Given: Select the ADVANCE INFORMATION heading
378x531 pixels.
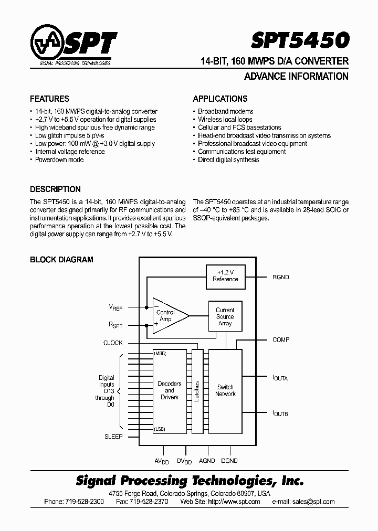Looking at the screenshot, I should tap(296, 77).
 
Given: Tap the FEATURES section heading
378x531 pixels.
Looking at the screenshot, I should tap(49, 99).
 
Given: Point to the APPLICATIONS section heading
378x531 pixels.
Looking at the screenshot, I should tap(220, 99).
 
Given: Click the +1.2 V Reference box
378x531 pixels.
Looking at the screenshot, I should tap(225, 276).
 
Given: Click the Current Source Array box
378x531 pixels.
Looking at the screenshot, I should tap(225, 316).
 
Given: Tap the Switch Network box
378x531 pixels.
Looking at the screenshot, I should tap(225, 391).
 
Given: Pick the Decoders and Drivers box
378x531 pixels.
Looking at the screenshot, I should tap(170, 391).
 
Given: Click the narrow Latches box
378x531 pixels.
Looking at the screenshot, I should tap(197, 391).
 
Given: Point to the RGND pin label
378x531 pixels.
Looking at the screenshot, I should tap(280, 277).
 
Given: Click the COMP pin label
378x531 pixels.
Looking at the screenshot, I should tap(281, 340).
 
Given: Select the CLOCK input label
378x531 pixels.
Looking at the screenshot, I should tap(113, 343).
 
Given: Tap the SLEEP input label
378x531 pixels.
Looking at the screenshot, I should tap(113, 436).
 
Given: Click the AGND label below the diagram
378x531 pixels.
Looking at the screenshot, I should tap(207, 461).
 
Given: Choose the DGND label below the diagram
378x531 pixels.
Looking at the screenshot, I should tap(229, 461).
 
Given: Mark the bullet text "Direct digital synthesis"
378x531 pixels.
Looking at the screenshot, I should tap(228, 160).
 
